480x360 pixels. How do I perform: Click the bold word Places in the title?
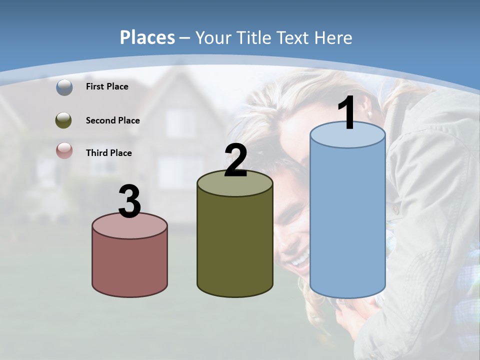click(147, 37)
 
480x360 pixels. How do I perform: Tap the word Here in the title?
click(333, 37)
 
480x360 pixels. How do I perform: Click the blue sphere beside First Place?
click(64, 87)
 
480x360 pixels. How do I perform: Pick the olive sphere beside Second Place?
click(64, 120)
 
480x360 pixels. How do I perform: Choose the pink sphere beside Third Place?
click(64, 151)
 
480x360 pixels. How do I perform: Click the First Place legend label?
click(107, 86)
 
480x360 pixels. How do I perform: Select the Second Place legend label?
click(112, 120)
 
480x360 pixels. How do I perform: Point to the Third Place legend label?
click(108, 153)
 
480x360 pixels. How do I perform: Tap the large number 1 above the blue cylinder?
click(347, 113)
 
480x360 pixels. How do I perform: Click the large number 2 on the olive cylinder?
click(235, 160)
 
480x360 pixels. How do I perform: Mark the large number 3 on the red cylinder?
click(129, 201)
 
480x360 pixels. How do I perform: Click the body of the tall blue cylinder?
click(347, 220)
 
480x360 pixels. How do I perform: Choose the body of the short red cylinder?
click(129, 265)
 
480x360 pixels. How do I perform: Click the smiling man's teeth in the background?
click(300, 260)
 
